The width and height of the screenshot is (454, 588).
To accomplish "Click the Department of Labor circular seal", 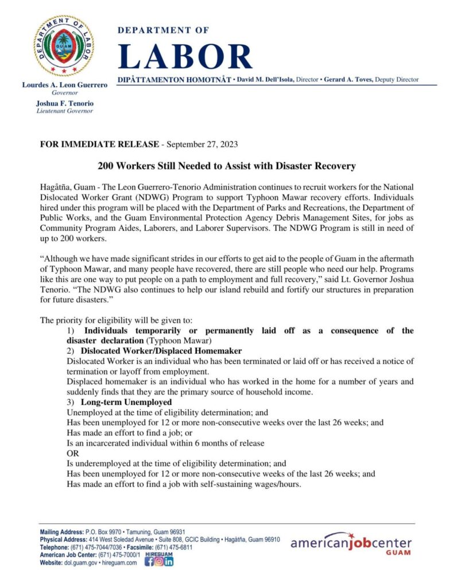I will (64, 45).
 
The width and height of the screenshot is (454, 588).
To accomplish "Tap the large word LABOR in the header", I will (185, 56).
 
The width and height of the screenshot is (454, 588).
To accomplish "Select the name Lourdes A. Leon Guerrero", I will (64, 85).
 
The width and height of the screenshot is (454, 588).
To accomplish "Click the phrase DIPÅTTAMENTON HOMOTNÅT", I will (174, 79).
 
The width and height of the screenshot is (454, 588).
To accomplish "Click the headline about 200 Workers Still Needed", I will (227, 167).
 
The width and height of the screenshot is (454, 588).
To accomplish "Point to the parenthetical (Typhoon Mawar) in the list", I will (175, 340).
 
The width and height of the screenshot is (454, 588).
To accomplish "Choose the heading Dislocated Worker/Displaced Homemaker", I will (161, 350).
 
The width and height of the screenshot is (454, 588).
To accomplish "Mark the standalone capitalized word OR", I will (72, 453).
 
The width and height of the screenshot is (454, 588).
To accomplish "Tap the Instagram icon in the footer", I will (159, 562).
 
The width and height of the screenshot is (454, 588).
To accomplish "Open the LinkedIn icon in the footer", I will (169, 562).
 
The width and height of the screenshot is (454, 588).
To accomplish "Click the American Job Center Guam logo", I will (351, 545).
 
